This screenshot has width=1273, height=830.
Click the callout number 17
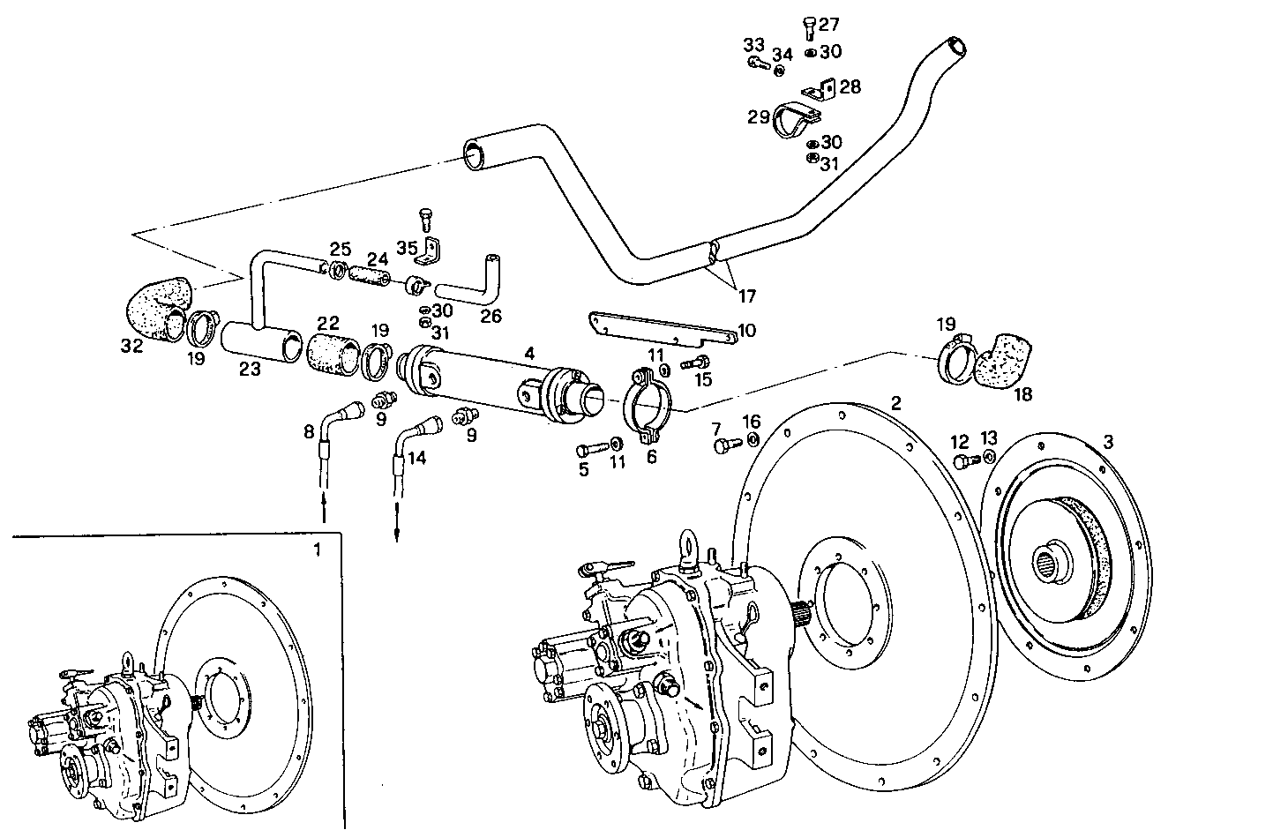click(x=746, y=295)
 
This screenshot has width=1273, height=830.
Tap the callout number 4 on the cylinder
click(x=529, y=354)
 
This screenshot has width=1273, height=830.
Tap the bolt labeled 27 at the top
click(x=809, y=28)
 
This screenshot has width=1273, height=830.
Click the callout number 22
click(x=328, y=324)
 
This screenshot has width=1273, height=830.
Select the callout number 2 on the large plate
click(x=895, y=403)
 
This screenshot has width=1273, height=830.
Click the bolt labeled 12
click(x=962, y=460)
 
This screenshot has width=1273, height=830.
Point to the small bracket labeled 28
click(x=821, y=90)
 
